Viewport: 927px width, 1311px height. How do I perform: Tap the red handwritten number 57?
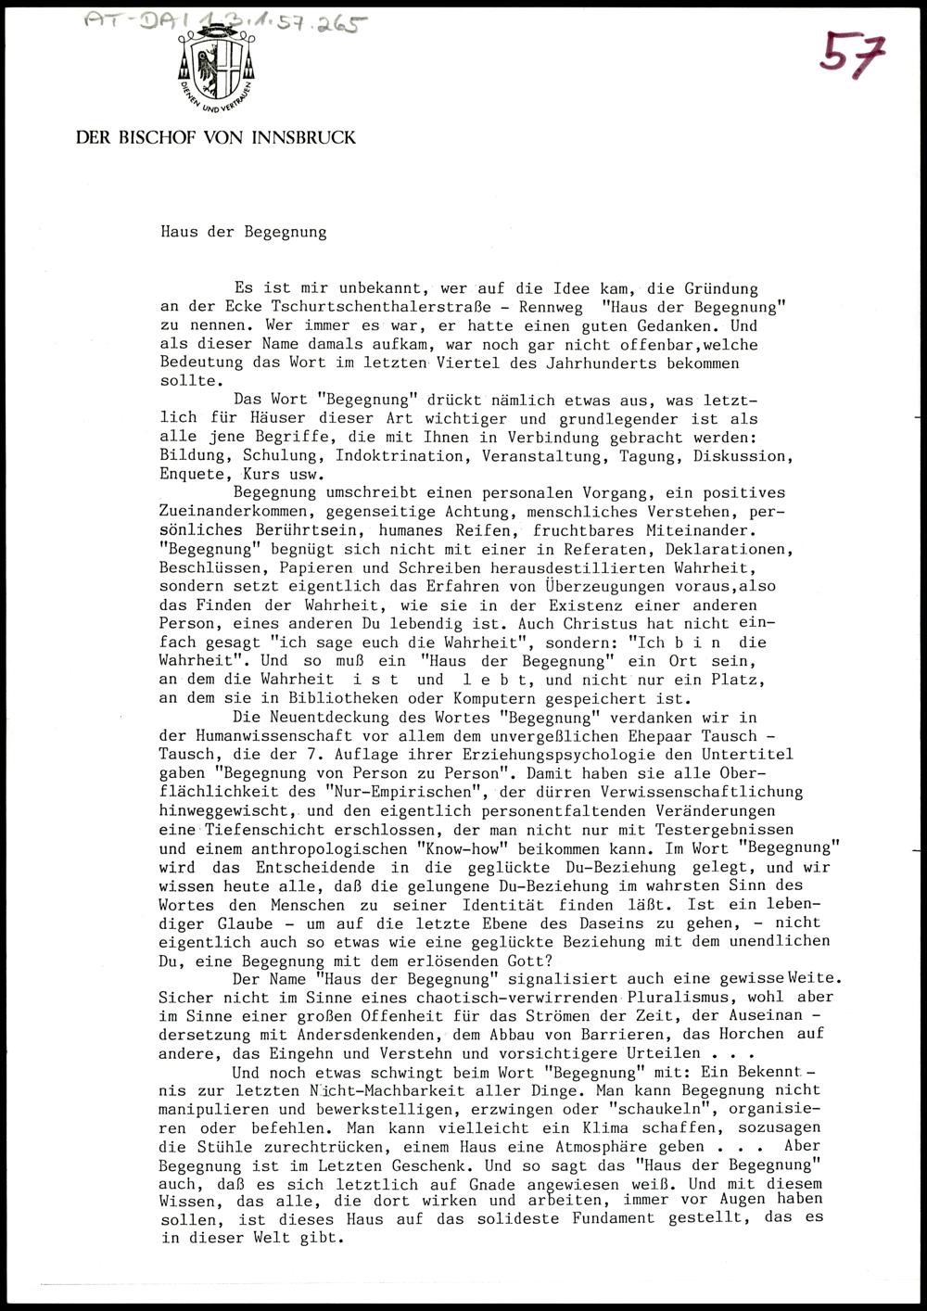pyautogui.click(x=851, y=55)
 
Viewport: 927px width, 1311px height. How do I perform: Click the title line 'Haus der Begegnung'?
pyautogui.click(x=243, y=232)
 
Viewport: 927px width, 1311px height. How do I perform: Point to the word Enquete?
pyautogui.click(x=192, y=475)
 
